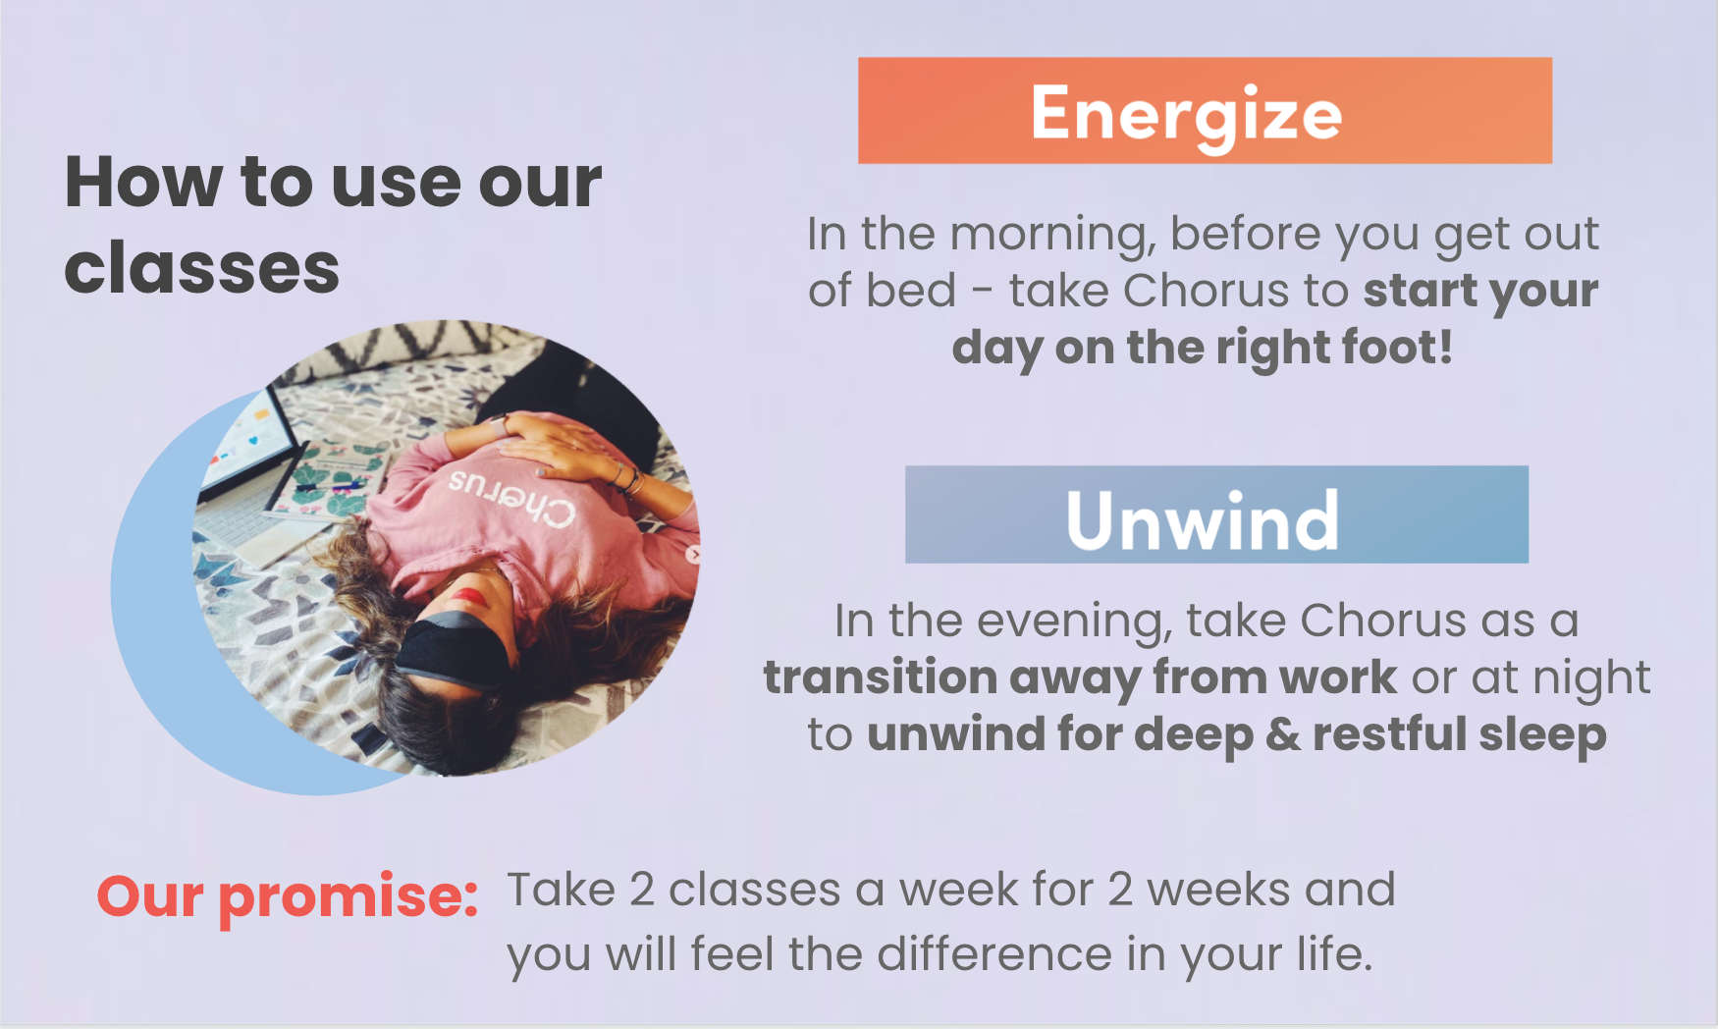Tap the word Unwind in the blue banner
tap(1203, 520)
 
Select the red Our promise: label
tap(287, 896)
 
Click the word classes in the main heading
tap(201, 269)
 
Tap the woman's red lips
tap(469, 596)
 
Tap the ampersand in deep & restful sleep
tap(1282, 734)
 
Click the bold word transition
tap(880, 677)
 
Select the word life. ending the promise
tap(1334, 954)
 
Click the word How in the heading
tap(143, 183)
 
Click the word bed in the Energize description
tap(911, 292)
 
